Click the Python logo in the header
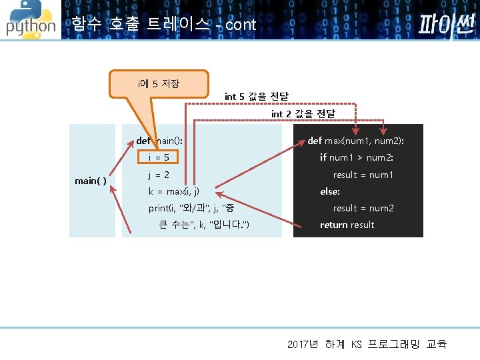[x=30, y=21]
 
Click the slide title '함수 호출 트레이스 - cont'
[x=163, y=25]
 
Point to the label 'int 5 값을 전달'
[x=256, y=97]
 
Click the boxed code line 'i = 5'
[x=159, y=158]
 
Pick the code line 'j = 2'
[x=159, y=175]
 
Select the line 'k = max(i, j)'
[x=173, y=191]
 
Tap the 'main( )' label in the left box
[x=91, y=181]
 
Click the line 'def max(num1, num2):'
[x=355, y=141]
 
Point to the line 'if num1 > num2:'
[x=357, y=158]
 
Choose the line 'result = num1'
[x=363, y=175]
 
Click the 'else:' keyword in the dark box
[x=330, y=191]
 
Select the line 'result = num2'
[x=363, y=208]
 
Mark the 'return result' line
[x=347, y=225]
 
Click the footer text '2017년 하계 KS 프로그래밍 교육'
[x=367, y=344]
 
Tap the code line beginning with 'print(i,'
[x=191, y=208]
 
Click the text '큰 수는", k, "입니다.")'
[x=204, y=225]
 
